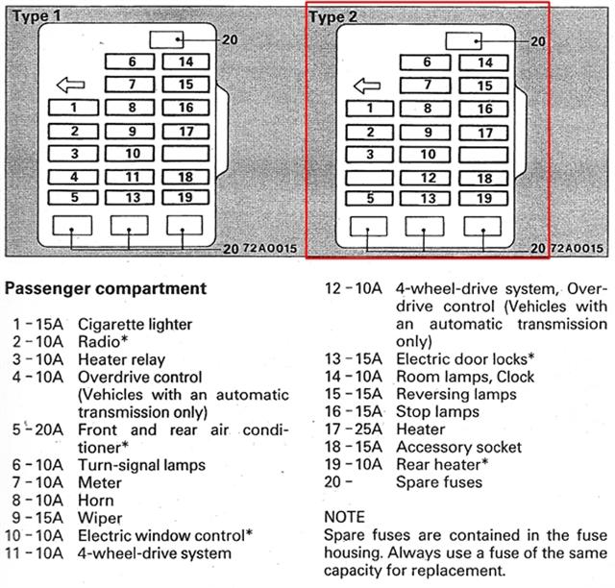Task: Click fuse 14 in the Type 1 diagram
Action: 186,62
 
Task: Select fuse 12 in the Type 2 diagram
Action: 428,178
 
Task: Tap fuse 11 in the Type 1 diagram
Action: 132,177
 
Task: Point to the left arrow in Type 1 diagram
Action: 70,84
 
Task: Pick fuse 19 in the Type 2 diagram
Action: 485,199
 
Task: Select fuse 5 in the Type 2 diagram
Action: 369,199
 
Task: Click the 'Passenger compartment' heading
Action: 106,287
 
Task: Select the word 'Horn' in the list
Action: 95,500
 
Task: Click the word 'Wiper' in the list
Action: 99,517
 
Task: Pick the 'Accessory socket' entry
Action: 459,447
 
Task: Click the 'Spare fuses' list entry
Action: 439,481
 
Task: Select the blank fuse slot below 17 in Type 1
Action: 186,153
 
